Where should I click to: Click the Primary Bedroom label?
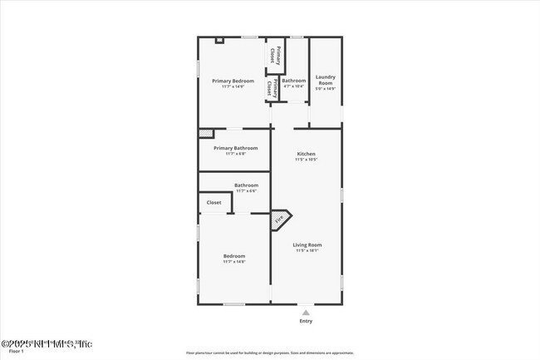coord(233,81)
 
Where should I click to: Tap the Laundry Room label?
coord(325,80)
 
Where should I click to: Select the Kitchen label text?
coord(307,155)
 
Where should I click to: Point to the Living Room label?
coord(307,244)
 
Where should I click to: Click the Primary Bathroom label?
coord(235,148)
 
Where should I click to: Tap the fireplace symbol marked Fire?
coord(280,219)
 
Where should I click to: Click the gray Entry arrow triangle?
coord(306,312)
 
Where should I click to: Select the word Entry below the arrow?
coord(306,321)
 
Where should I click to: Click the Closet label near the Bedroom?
coord(214,202)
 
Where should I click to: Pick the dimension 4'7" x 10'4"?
coord(293,86)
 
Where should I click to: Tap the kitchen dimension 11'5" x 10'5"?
coord(307,160)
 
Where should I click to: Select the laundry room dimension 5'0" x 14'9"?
coord(325,89)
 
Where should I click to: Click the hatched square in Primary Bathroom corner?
coord(203,132)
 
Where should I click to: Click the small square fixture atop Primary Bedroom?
coord(219,39)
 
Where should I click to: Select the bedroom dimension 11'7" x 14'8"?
coord(233,262)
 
